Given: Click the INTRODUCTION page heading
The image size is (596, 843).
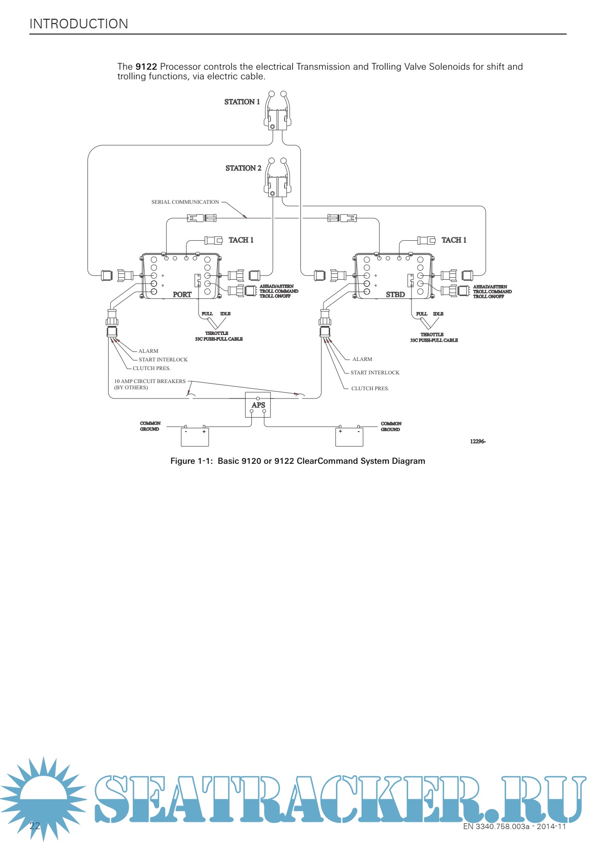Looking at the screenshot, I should tap(79, 24).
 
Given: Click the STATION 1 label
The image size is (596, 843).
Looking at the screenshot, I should tap(242, 102).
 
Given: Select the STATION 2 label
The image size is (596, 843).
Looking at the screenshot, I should tap(243, 168).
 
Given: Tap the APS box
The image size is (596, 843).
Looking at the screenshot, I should tap(258, 405).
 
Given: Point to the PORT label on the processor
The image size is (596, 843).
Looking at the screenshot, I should tap(182, 295).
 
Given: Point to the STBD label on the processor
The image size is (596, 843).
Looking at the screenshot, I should tap(395, 295).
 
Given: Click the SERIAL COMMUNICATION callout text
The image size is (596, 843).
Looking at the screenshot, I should tap(185, 202).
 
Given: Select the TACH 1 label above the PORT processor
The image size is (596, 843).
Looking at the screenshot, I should tap(241, 240).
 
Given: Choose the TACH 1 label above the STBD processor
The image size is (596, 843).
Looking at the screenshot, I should tap(454, 240).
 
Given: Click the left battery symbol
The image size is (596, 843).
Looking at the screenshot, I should tap(195, 436).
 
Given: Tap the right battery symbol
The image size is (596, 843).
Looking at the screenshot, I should tap(349, 436).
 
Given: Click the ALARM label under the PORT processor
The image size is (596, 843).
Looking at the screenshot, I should tap(148, 351).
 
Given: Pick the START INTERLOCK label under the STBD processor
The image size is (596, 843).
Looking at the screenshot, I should tap(375, 373).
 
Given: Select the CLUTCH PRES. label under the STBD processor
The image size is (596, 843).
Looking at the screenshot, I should tap(370, 389).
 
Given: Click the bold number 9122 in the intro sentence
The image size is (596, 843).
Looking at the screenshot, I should tap(146, 67).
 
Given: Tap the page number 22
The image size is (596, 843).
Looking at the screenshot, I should tap(35, 826).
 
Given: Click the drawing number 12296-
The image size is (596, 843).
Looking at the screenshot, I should tap(478, 442).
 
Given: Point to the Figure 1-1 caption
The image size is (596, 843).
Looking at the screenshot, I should tap(298, 461).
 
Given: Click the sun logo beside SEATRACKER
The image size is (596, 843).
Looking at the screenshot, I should tap(43, 798).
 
